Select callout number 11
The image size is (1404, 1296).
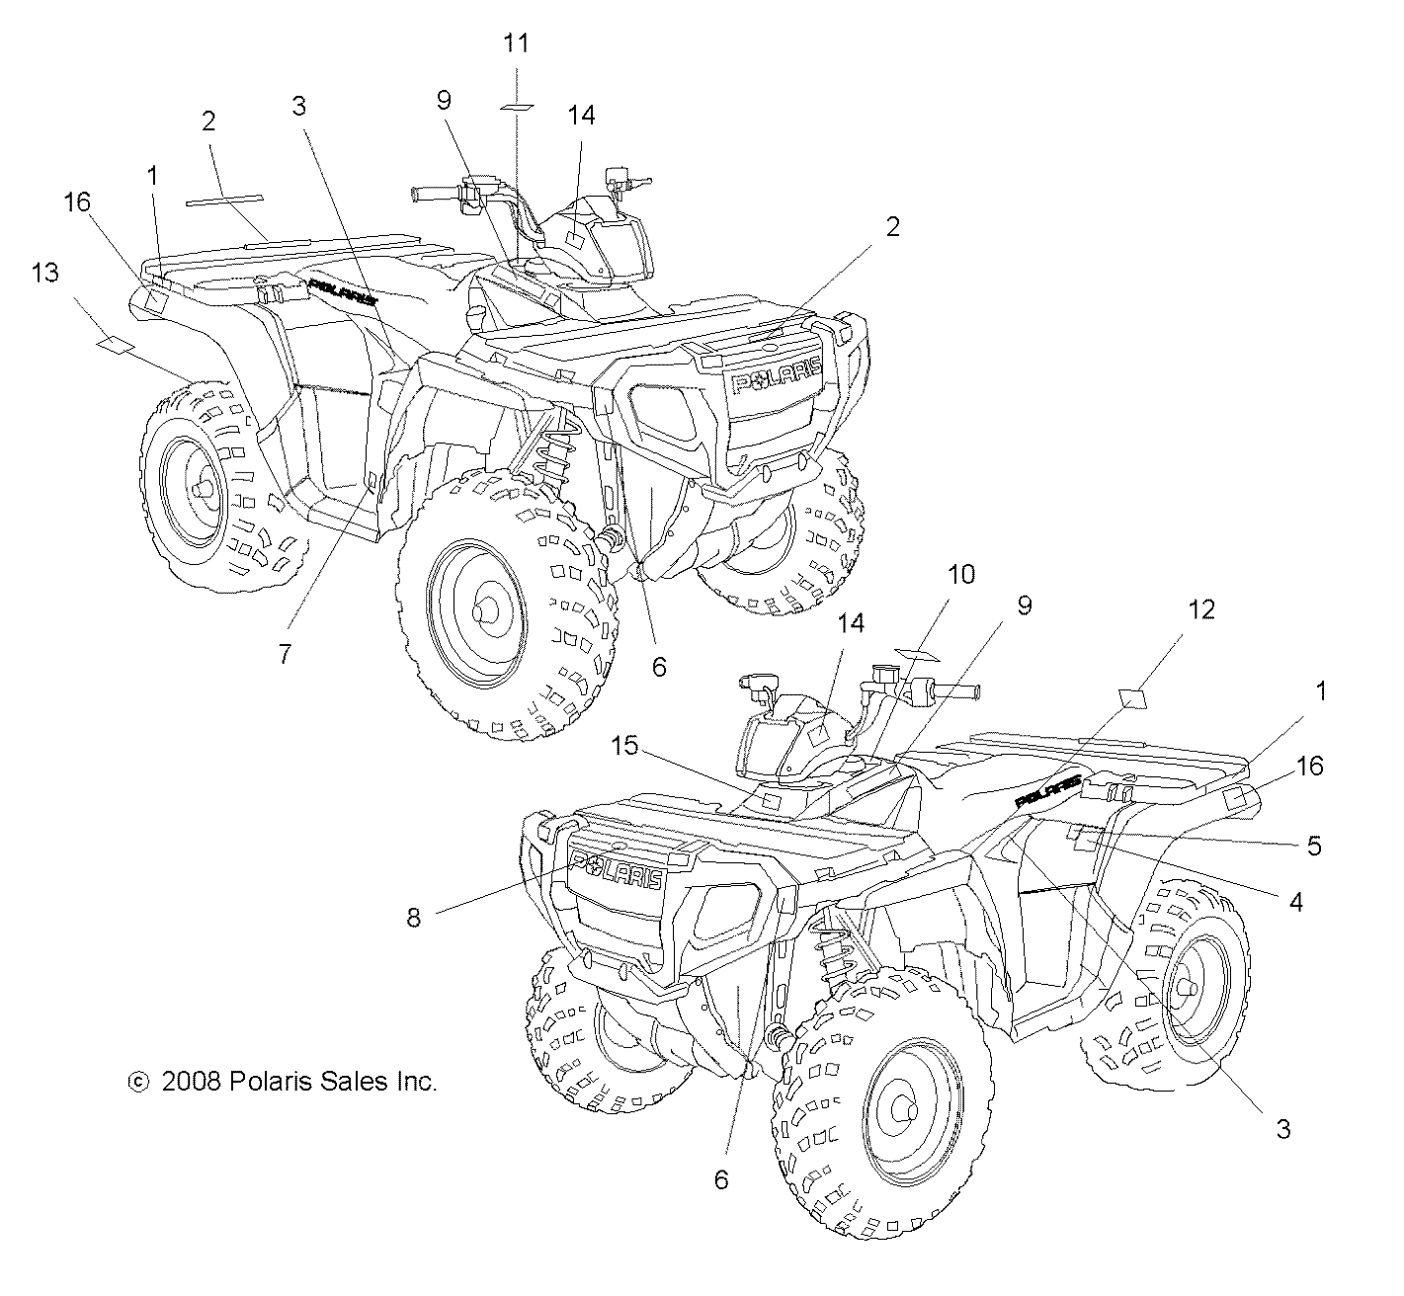point(516,43)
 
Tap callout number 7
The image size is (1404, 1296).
point(285,654)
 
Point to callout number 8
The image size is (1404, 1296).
point(413,919)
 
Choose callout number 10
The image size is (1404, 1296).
point(961,574)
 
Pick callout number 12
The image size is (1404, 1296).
point(1200,609)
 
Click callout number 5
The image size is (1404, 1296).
point(1314,846)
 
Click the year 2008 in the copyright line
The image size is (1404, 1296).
point(192,1082)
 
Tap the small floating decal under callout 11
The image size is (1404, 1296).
point(516,104)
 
